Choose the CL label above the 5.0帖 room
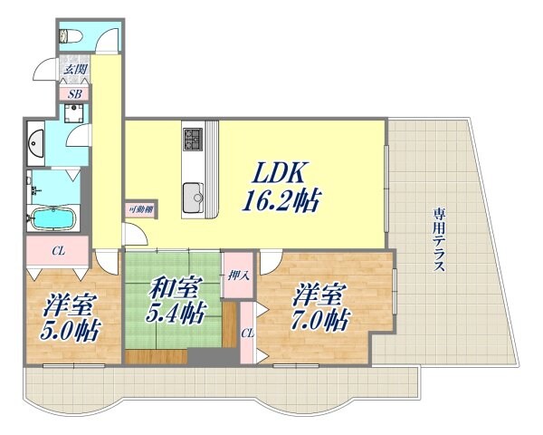[57, 249]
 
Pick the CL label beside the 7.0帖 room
[245, 334]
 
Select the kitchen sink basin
[194, 194]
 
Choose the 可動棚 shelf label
[140, 210]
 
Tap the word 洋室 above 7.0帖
[318, 295]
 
